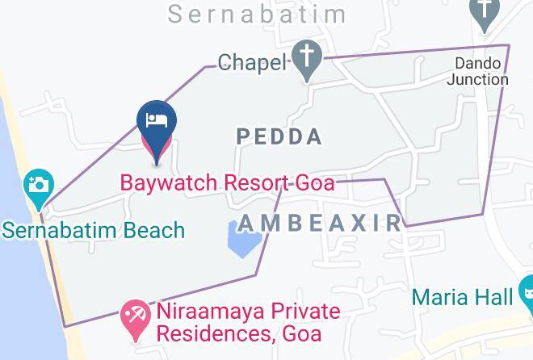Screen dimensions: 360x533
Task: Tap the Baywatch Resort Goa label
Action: click(228, 182)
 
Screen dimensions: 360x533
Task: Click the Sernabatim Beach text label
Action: click(93, 231)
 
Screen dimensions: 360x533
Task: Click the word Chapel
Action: click(252, 63)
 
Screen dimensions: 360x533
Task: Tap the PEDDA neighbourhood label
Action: click(279, 137)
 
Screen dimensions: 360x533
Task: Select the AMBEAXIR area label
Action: click(320, 223)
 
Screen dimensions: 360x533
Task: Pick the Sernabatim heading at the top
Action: click(258, 14)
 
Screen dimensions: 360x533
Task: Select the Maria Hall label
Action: click(462, 297)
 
